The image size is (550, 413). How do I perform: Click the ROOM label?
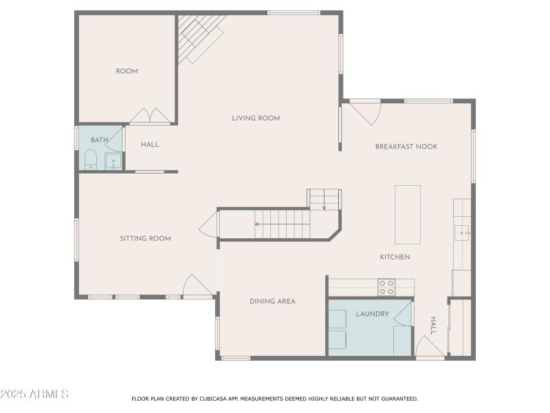[x=126, y=71]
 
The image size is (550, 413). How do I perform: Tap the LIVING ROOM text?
[x=256, y=118]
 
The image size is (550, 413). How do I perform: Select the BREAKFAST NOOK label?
[x=406, y=147]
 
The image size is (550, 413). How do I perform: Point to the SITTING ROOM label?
[x=145, y=239]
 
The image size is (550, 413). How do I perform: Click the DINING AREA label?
[x=272, y=301]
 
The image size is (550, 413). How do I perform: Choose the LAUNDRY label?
[x=373, y=314]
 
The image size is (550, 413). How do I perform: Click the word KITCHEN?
[x=395, y=257]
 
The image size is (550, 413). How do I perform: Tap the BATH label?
[x=100, y=140]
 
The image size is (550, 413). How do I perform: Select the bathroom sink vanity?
[x=113, y=162]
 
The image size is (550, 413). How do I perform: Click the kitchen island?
[x=408, y=214]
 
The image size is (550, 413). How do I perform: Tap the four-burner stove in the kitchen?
[x=386, y=287]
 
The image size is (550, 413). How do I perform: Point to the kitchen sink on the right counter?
[x=462, y=233]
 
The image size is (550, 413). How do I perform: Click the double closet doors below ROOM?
[x=150, y=116]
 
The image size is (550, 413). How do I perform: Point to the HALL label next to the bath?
[x=150, y=145]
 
